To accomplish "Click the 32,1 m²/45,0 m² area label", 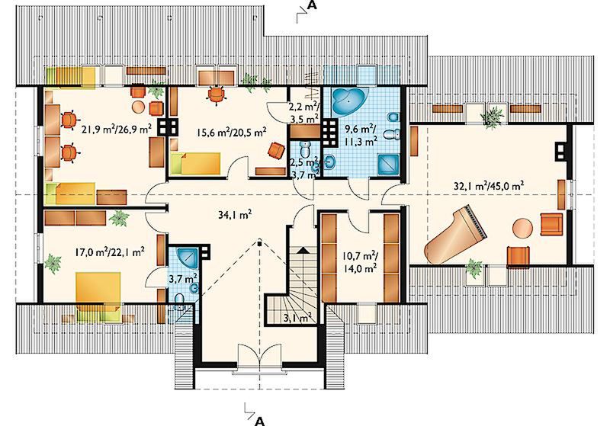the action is pyautogui.click(x=489, y=185).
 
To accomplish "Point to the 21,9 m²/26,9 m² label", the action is pyautogui.click(x=117, y=129).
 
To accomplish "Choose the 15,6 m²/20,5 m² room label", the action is pyautogui.click(x=232, y=133).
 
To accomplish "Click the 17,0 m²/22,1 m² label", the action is pyautogui.click(x=110, y=252).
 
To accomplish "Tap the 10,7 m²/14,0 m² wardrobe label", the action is pyautogui.click(x=359, y=261).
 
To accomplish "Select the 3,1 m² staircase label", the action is pyautogui.click(x=297, y=319).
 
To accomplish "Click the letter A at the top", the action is pyautogui.click(x=312, y=5).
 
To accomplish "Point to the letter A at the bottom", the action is pyautogui.click(x=261, y=420).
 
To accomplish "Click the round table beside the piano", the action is pyautogui.click(x=522, y=228).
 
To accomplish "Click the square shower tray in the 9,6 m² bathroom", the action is pyautogui.click(x=388, y=165).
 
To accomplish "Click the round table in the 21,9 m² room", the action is pyautogui.click(x=139, y=107).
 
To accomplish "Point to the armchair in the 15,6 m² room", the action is pyautogui.click(x=276, y=150).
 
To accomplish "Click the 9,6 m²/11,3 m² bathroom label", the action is pyautogui.click(x=361, y=134).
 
